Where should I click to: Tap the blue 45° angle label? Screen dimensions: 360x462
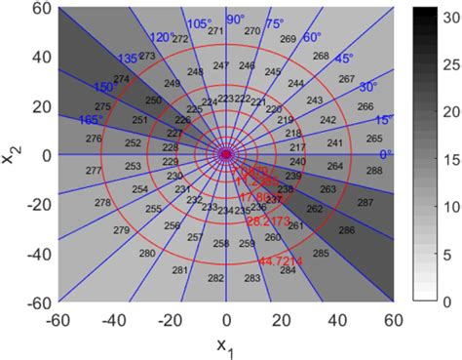(343, 60)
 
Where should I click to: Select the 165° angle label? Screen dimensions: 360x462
(91, 119)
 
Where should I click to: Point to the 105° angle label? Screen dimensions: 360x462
(199, 23)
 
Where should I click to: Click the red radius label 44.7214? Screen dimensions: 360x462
(282, 261)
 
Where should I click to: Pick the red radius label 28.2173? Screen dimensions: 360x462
(266, 221)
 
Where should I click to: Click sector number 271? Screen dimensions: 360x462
(216, 31)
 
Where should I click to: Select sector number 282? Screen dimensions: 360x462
(216, 278)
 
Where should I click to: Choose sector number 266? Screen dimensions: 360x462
(365, 106)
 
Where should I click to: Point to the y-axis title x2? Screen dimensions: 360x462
(12, 154)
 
